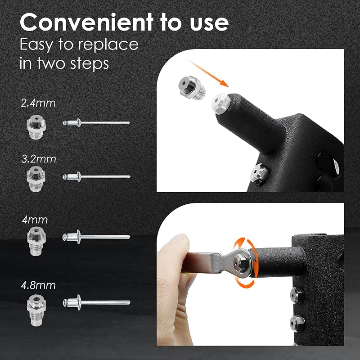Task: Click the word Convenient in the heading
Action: tap(86, 22)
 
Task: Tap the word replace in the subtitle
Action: tap(110, 45)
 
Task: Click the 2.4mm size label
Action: tap(38, 103)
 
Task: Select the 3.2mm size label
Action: tap(39, 159)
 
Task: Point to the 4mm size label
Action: tap(35, 220)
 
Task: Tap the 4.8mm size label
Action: tap(38, 285)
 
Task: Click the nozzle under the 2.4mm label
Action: tap(36, 127)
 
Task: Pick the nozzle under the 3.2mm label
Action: tap(36, 179)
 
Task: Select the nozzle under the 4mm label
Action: tap(36, 241)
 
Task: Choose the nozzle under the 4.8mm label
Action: tap(36, 310)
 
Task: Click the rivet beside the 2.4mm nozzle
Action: tap(96, 123)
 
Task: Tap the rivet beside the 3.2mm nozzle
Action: tap(96, 177)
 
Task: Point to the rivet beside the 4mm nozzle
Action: tap(96, 237)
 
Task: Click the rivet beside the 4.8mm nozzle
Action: tap(96, 302)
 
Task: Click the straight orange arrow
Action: tap(208, 73)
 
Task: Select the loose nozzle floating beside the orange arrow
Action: tap(192, 87)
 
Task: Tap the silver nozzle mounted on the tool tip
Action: tap(221, 103)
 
